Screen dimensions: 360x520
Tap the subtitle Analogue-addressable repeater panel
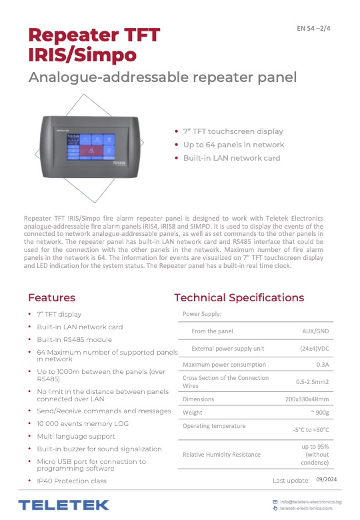click(x=162, y=77)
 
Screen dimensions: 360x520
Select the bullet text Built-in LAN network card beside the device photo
click(x=231, y=158)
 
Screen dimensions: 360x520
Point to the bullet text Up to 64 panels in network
click(x=233, y=145)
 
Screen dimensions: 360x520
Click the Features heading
click(x=51, y=297)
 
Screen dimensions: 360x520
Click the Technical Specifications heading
click(x=239, y=297)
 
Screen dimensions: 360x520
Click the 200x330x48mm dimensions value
click(x=307, y=399)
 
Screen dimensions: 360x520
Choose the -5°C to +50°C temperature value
click(x=310, y=429)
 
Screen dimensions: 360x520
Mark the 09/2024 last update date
click(x=327, y=479)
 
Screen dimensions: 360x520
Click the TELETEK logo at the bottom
click(x=63, y=505)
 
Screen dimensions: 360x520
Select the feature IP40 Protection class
click(x=71, y=481)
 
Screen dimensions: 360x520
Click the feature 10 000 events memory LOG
click(x=83, y=423)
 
